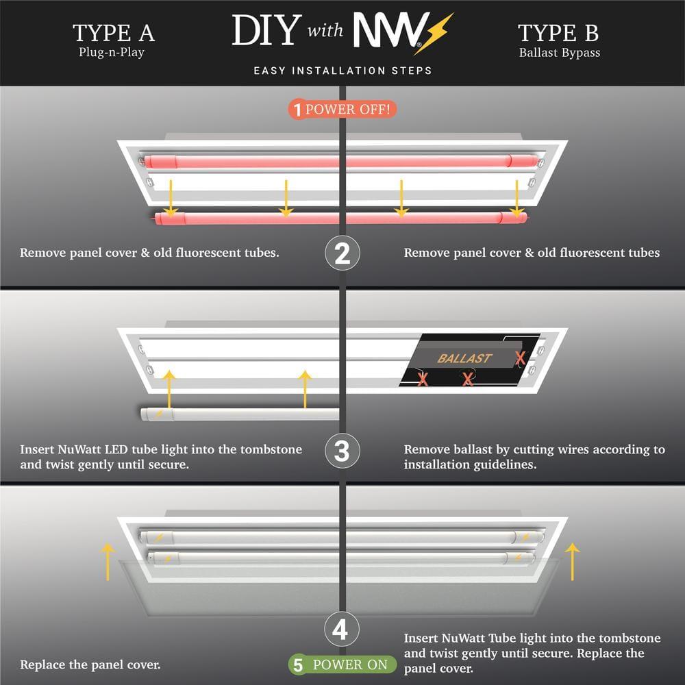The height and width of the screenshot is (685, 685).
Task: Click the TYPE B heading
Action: pyautogui.click(x=559, y=32)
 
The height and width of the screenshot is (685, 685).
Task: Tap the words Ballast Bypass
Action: pyautogui.click(x=559, y=53)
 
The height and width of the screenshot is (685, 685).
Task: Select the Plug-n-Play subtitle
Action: pyautogui.click(x=111, y=53)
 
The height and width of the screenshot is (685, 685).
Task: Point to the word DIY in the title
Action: pyautogui.click(x=266, y=31)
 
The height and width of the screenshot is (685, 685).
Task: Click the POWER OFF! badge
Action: pyautogui.click(x=342, y=109)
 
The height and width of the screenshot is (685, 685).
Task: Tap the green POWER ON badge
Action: pyautogui.click(x=342, y=664)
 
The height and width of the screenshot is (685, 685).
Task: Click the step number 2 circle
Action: pyautogui.click(x=342, y=253)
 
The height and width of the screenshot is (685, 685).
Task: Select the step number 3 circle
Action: pyautogui.click(x=342, y=452)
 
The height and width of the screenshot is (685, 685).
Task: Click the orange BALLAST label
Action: pyautogui.click(x=464, y=358)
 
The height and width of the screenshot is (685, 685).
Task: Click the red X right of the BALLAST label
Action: pyautogui.click(x=521, y=358)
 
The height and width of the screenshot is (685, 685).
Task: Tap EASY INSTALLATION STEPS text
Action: pyautogui.click(x=342, y=71)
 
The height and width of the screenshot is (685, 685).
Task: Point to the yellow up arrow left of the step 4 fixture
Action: pyautogui.click(x=107, y=562)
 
